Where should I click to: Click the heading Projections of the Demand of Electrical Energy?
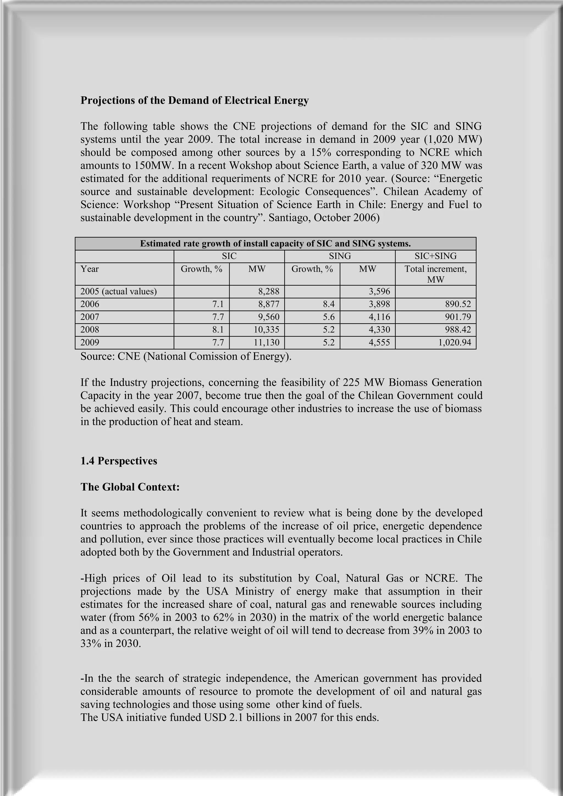pos(194,101)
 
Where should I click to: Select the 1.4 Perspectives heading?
pos(118,461)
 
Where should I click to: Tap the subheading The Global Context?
pos(130,487)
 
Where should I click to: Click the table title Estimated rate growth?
pos(275,244)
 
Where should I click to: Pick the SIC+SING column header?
pos(435,256)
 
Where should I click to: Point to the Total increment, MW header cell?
pos(435,274)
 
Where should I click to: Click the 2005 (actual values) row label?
pos(118,291)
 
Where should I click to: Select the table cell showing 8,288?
pos(269,291)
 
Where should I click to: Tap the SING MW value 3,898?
pos(379,304)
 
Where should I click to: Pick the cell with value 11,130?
pos(266,343)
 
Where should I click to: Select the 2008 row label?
pos(90,330)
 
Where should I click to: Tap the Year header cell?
pos(90,269)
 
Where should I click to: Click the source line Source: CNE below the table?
pos(186,356)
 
